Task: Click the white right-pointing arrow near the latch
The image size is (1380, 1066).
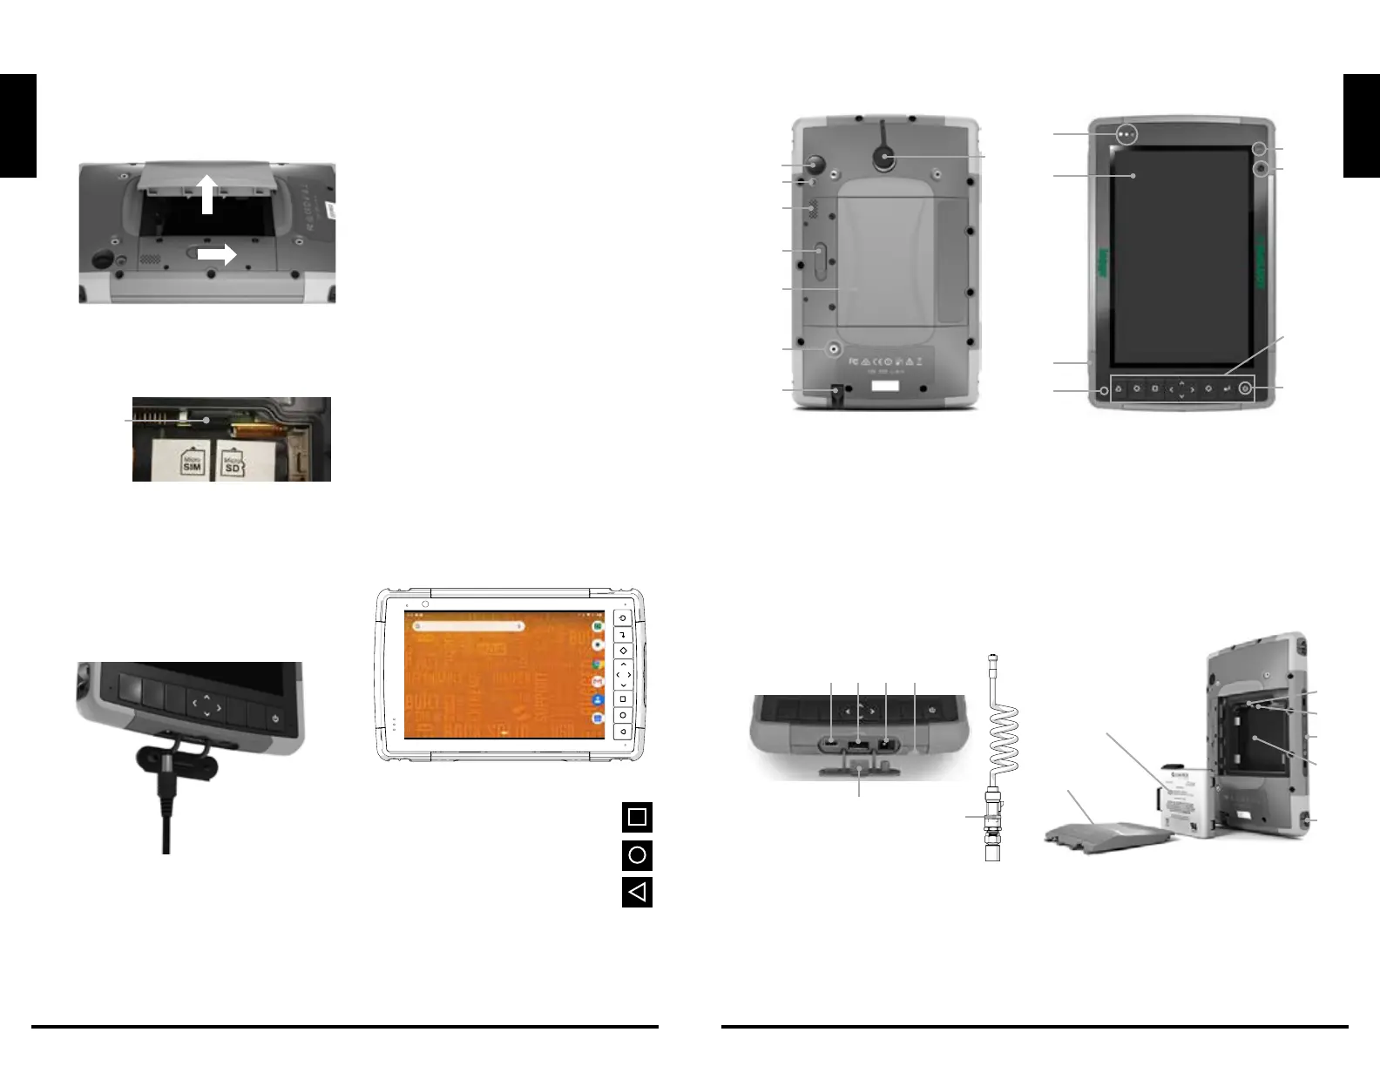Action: [217, 254]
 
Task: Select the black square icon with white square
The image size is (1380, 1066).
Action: [637, 817]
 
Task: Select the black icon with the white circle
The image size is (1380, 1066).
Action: [637, 855]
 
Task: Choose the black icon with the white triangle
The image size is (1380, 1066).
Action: [637, 892]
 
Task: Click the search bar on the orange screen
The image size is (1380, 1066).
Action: [470, 625]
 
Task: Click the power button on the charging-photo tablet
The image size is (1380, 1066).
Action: [275, 719]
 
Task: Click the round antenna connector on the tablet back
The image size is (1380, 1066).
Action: [885, 157]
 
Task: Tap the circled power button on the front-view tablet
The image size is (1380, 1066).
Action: [1245, 388]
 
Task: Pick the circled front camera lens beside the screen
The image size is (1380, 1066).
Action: [1260, 167]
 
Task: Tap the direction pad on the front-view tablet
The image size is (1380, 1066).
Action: [1180, 389]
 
